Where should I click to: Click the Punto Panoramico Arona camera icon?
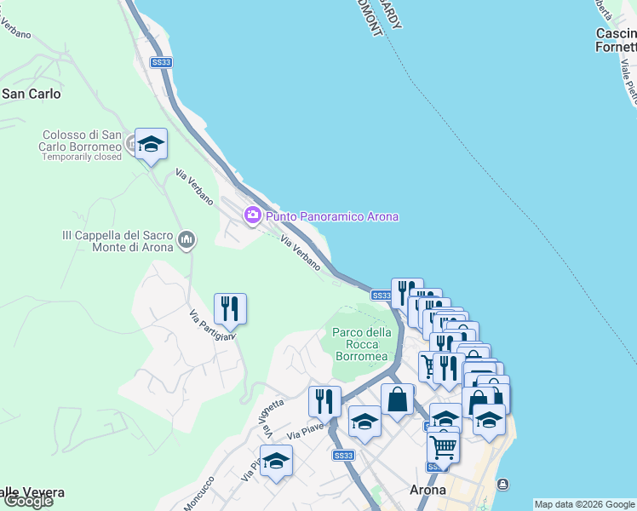pyautogui.click(x=252, y=215)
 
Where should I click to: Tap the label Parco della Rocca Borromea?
pyautogui.click(x=361, y=344)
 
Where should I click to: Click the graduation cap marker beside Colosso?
pyautogui.click(x=151, y=145)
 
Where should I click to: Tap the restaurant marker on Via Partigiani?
pyautogui.click(x=230, y=308)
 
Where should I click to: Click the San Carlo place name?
pyautogui.click(x=31, y=94)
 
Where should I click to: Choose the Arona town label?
pyautogui.click(x=428, y=490)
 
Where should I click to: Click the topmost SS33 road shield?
pyautogui.click(x=161, y=62)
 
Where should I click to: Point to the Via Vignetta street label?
pyautogui.click(x=270, y=412)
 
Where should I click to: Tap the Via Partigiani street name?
pyautogui.click(x=210, y=325)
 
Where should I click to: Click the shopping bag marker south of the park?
pyautogui.click(x=397, y=399)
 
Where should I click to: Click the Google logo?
pyautogui.click(x=27, y=501)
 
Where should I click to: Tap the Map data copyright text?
pyautogui.click(x=584, y=504)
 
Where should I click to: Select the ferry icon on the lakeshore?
pyautogui.click(x=503, y=485)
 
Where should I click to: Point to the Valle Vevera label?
pyautogui.click(x=32, y=492)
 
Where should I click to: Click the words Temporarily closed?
pyautogui.click(x=82, y=158)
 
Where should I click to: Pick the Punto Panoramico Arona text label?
pyautogui.click(x=332, y=216)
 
